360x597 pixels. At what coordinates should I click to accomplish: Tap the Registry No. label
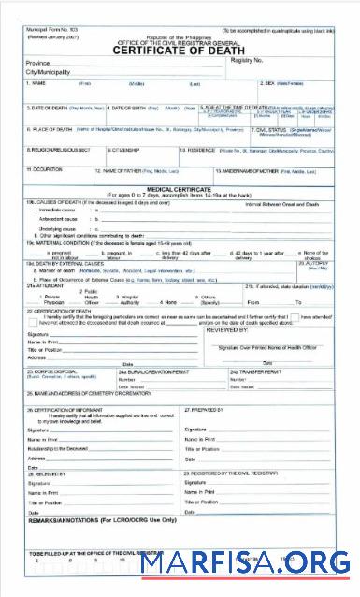coord(247,59)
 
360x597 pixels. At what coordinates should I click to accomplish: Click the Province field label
coord(38,63)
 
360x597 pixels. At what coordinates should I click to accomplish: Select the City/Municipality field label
coord(46,72)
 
